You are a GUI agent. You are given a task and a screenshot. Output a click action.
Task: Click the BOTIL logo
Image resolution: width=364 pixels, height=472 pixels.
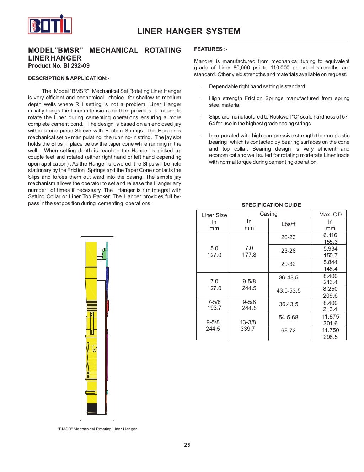(x=50, y=25)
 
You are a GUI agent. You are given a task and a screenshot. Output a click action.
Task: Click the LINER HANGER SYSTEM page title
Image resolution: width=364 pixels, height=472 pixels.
(x=189, y=31)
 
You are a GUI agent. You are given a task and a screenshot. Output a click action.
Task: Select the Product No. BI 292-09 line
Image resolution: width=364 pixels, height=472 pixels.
(x=59, y=65)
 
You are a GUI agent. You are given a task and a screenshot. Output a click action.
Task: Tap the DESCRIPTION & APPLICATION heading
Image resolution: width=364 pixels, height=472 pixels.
(x=69, y=78)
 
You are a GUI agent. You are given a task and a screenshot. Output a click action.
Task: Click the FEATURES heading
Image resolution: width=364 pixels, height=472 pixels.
(x=210, y=49)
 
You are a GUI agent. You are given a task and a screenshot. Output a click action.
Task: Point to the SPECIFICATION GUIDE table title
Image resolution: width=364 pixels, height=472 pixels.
(x=271, y=205)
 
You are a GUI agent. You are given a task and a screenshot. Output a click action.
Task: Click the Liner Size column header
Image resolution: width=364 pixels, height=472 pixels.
(x=214, y=215)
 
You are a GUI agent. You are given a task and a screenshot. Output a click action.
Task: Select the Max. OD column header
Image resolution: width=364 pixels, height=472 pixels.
(x=330, y=214)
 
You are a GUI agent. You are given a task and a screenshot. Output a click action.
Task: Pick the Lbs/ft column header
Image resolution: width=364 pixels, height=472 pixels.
(x=288, y=224)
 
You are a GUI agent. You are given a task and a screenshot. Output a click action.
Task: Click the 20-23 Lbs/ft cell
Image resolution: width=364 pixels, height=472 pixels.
(x=288, y=237)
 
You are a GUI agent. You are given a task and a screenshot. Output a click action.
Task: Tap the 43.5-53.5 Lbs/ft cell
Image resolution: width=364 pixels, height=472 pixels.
(x=288, y=291)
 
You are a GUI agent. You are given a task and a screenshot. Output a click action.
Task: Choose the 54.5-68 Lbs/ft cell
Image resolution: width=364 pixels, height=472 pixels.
(x=288, y=317)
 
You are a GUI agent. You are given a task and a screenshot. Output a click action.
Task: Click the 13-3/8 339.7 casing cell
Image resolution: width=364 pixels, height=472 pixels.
(x=248, y=325)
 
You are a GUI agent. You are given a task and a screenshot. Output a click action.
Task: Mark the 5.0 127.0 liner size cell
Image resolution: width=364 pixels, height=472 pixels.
(x=214, y=252)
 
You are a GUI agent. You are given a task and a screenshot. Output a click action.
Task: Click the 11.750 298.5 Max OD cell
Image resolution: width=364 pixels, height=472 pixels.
(x=330, y=334)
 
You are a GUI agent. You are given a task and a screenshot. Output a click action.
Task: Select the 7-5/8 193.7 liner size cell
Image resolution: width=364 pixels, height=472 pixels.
(x=214, y=305)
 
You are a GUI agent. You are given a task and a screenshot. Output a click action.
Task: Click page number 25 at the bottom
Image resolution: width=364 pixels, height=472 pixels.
(x=187, y=445)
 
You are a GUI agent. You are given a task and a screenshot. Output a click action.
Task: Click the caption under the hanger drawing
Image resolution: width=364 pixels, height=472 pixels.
(x=97, y=429)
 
